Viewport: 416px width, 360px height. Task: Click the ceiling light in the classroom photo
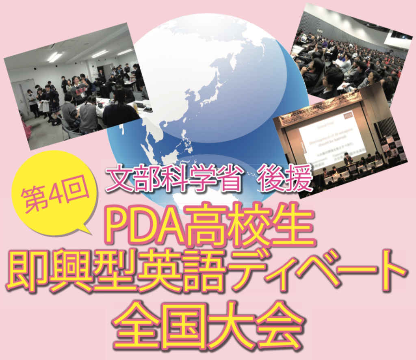pyautogui.click(x=55, y=57)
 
